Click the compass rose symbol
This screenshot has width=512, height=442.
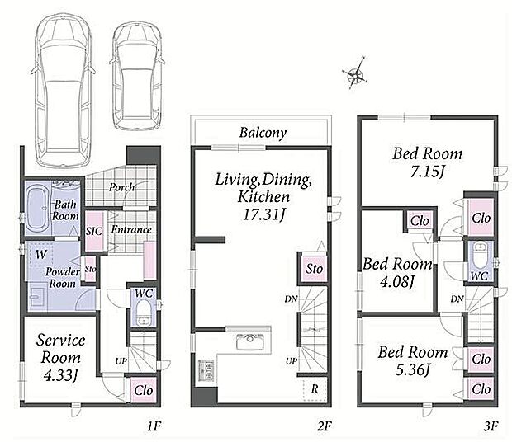click(x=355, y=73)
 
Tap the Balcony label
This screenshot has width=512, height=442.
click(x=263, y=133)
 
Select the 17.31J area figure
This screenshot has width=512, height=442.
click(x=264, y=214)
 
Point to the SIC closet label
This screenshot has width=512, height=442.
click(x=94, y=232)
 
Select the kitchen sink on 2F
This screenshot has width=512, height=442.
click(x=249, y=341)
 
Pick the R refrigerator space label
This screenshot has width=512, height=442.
click(x=315, y=389)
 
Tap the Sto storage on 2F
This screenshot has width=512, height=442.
click(x=314, y=269)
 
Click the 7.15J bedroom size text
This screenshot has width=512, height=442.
click(x=428, y=172)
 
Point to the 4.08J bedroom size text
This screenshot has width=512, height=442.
click(x=397, y=281)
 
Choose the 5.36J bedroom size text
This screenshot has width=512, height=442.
click(x=412, y=369)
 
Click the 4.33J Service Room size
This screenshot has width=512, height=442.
click(x=61, y=375)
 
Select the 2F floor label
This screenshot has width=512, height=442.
click(x=325, y=426)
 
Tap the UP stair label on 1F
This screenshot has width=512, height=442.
click(x=121, y=361)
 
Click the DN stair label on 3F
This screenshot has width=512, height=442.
click(x=457, y=299)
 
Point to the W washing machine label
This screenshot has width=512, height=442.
click(x=41, y=254)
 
